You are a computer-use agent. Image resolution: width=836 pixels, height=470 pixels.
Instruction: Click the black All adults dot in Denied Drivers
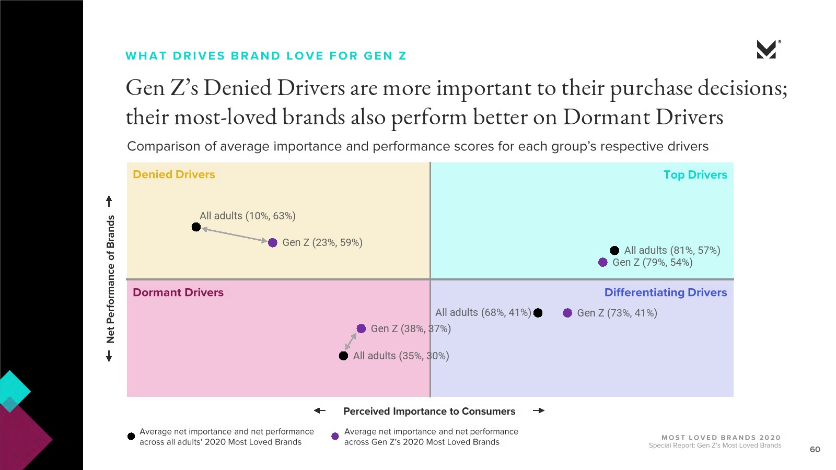[196, 227]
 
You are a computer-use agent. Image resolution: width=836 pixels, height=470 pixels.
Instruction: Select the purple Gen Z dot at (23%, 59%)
[273, 242]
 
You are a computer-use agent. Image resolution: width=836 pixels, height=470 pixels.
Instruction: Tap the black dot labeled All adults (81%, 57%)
[614, 251]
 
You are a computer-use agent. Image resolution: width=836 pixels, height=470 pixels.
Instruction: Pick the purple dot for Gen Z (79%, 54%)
[603, 262]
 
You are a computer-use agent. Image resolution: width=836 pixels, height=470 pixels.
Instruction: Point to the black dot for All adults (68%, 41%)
[538, 313]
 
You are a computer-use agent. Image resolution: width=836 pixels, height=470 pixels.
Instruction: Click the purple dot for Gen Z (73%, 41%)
[567, 313]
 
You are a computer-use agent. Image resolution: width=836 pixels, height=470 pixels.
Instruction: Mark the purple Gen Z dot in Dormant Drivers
[361, 328]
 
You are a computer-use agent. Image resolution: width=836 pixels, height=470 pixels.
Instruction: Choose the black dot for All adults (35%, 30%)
[343, 356]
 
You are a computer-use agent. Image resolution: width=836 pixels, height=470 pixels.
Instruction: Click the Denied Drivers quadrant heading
[174, 174]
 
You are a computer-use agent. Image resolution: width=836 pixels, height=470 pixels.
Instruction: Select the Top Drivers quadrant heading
[695, 175]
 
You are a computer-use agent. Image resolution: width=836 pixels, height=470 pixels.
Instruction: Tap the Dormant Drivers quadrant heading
[178, 292]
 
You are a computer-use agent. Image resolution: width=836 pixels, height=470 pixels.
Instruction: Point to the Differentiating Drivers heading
[666, 292]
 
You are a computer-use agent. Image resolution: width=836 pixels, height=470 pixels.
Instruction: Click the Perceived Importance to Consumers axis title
[429, 412]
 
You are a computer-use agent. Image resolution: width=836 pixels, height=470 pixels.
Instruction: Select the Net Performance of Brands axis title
[110, 279]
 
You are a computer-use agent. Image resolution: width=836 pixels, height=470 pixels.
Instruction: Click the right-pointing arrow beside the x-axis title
[539, 411]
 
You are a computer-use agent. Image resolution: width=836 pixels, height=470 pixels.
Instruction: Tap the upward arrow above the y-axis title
[109, 201]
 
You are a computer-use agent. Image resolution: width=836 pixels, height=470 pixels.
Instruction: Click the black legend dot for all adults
[131, 436]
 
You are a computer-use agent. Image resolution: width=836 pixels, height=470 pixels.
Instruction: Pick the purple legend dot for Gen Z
[335, 436]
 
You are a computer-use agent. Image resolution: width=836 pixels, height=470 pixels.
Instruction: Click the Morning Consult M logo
[767, 50]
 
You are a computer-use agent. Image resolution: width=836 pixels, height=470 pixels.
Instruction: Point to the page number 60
[815, 450]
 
